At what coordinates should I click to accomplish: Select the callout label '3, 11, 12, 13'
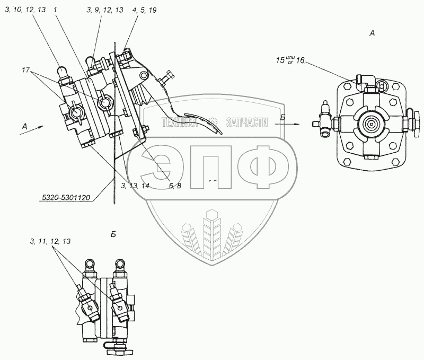[50, 241]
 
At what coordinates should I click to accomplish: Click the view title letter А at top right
[372, 33]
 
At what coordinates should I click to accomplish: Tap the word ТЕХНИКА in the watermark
[178, 122]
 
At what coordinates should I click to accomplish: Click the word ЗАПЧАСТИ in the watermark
[246, 122]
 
